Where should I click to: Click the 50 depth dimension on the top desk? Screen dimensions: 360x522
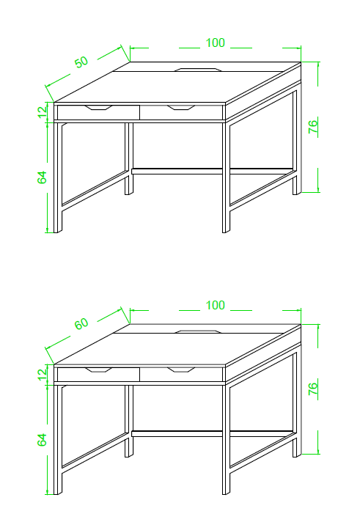click(x=81, y=62)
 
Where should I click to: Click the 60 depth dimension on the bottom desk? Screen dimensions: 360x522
click(x=81, y=323)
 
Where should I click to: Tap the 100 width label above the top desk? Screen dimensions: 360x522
click(x=215, y=43)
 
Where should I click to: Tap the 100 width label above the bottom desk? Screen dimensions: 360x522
click(x=215, y=305)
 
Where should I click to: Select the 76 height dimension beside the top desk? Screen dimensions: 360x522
click(x=313, y=127)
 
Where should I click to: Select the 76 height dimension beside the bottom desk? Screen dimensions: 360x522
click(x=313, y=389)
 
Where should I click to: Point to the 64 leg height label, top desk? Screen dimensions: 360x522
click(x=42, y=177)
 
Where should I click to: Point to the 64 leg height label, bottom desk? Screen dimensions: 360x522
click(x=42, y=440)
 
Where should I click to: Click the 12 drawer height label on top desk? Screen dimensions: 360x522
click(x=43, y=112)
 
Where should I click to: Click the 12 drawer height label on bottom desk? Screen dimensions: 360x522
click(x=43, y=375)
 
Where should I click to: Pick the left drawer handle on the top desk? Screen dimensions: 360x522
click(x=98, y=107)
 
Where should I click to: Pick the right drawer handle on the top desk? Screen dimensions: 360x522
click(x=181, y=107)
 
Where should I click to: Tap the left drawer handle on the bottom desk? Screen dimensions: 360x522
click(x=98, y=370)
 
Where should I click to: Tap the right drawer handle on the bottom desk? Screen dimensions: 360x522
click(x=181, y=370)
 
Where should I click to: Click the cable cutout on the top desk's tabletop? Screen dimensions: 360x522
click(x=198, y=70)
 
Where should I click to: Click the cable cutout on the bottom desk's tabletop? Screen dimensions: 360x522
click(x=198, y=331)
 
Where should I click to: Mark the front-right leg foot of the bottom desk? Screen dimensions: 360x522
click(x=227, y=492)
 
